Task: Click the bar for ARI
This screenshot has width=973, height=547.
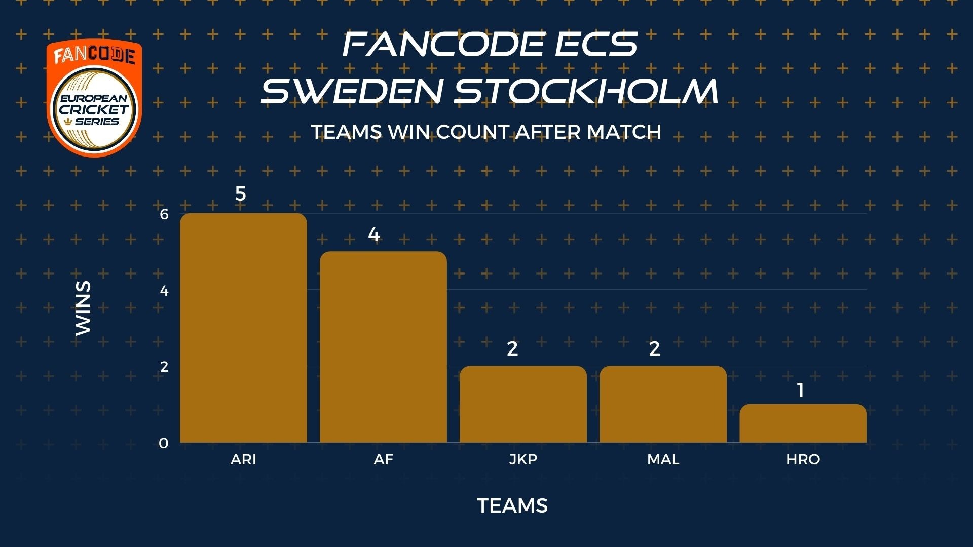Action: pos(243,328)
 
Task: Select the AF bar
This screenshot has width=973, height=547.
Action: pos(383,347)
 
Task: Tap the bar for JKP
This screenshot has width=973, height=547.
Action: pos(523,404)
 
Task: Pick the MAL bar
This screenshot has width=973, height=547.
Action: pos(663,404)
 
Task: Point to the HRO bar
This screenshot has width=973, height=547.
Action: pos(803,423)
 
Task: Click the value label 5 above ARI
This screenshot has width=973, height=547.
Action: pos(240,193)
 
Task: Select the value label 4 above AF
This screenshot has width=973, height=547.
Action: pos(373,235)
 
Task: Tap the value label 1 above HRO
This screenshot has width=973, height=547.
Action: pos(801,390)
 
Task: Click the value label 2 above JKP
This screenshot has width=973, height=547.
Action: pos(512,348)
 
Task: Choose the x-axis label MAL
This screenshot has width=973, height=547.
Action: pos(663,459)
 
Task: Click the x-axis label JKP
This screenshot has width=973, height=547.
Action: pos(523,459)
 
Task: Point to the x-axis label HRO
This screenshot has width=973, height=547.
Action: pos(803,459)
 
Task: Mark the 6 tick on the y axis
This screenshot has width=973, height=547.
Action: pos(164,214)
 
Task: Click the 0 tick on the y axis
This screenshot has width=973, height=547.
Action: pos(163,443)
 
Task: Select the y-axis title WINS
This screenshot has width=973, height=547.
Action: pos(83,308)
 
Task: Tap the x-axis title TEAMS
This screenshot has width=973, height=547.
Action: pos(512,505)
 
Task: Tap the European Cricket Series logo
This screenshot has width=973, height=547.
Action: pos(94,97)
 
